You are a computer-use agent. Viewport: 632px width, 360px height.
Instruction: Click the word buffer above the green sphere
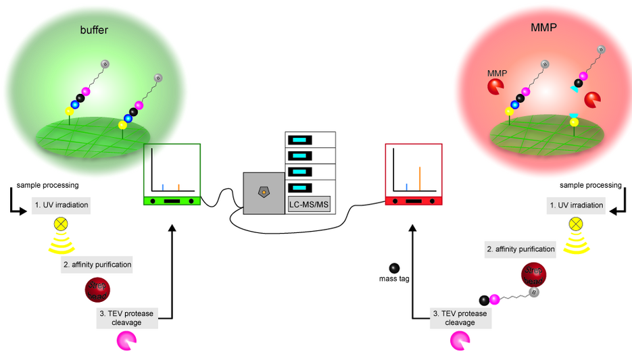[94, 30]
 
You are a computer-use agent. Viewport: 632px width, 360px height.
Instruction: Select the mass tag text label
[394, 278]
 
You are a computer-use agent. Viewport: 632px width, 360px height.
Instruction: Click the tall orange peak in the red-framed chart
[420, 178]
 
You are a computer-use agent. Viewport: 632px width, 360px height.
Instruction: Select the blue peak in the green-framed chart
[162, 186]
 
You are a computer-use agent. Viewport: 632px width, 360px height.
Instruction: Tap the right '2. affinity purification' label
[520, 249]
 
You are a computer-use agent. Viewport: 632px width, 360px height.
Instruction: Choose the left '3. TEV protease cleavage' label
[128, 317]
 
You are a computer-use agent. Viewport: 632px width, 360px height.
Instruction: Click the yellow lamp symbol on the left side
[62, 223]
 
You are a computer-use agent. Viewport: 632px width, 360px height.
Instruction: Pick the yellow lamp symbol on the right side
[575, 224]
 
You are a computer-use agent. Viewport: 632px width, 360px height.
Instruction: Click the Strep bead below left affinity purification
[98, 289]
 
